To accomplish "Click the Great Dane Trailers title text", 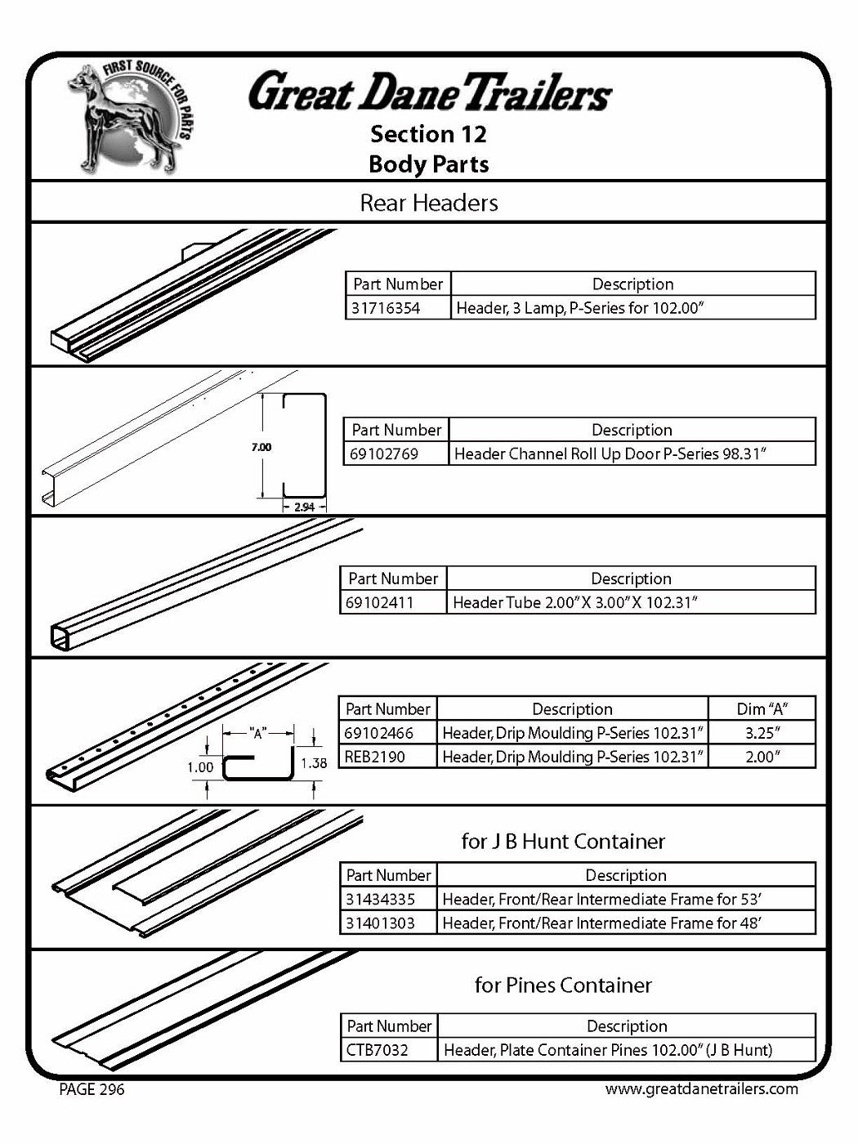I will tap(430, 92).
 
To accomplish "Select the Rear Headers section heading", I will tap(429, 203).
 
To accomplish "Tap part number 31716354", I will tap(386, 308).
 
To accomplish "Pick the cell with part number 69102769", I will tap(384, 454).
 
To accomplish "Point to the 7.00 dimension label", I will tap(261, 447).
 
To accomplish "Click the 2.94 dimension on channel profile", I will tap(304, 507).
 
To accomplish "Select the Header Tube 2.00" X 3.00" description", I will tap(574, 602).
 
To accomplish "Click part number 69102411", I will tap(380, 602).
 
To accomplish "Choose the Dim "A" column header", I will tap(762, 709).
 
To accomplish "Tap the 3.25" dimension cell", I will tap(762, 733).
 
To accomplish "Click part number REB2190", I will tap(375, 757).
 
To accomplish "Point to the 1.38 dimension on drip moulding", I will tap(314, 763).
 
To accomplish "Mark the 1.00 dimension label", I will tap(200, 767).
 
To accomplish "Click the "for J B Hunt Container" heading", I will tap(563, 842).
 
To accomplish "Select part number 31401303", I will tap(380, 923).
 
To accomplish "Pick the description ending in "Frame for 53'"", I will tap(602, 899).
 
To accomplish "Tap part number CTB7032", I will tap(377, 1049).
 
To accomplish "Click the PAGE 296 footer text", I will tap(92, 1089).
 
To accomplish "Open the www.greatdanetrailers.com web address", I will tap(701, 1088).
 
